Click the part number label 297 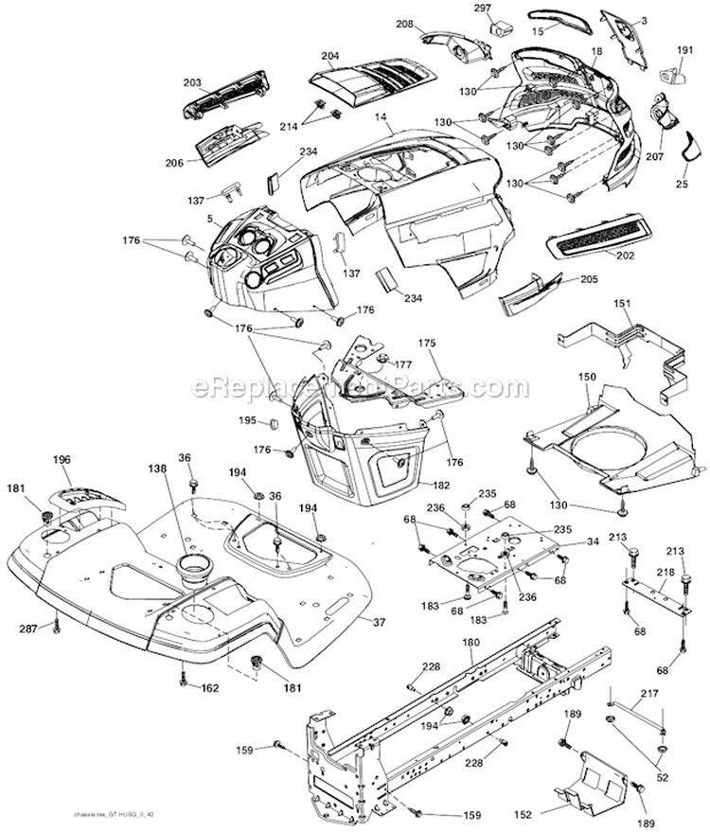(482, 8)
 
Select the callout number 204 (330, 55)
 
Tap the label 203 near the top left (192, 83)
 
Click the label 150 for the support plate (587, 377)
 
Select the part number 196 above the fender (62, 460)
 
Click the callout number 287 (28, 628)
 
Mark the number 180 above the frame (470, 644)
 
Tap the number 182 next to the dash (441, 485)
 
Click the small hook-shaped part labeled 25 (689, 146)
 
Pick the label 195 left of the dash (246, 420)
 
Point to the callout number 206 (173, 162)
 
